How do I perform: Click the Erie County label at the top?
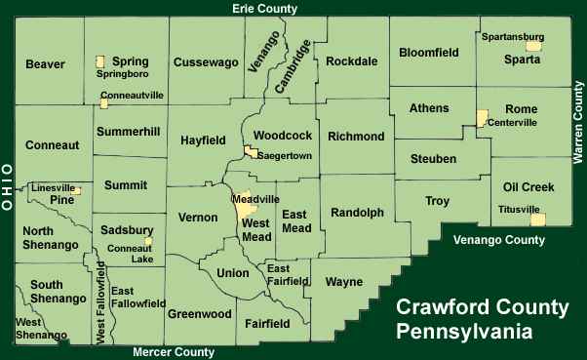(x=264, y=9)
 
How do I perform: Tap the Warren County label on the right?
(x=578, y=121)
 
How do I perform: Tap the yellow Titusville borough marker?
(x=537, y=220)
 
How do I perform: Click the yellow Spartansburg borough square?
(x=532, y=45)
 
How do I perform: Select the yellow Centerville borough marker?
(x=481, y=118)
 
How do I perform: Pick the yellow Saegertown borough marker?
(x=251, y=152)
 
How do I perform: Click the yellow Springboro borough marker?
(x=99, y=61)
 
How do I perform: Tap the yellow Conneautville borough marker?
(x=104, y=102)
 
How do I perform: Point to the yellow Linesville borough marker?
(x=76, y=189)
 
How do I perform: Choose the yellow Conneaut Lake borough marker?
(x=148, y=241)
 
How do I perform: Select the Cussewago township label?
(x=206, y=62)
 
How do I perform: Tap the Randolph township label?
(x=358, y=212)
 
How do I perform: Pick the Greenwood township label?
(x=200, y=314)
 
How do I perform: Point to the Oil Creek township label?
(x=528, y=186)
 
